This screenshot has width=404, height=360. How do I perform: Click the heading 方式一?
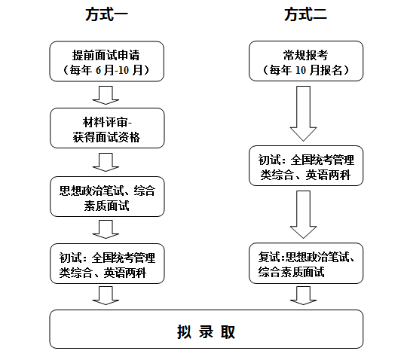pos(106,14)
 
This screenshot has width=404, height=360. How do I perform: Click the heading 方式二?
pos(305,14)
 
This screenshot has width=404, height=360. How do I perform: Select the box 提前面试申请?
pos(107,62)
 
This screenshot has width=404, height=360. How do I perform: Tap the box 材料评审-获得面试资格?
pos(107,128)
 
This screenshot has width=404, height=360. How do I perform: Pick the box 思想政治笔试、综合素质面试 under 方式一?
pos(107,197)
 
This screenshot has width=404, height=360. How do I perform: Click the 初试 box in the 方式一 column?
pos(107,264)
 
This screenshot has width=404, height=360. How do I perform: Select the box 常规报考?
pos(306,61)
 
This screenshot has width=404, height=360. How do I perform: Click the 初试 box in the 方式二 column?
pos(306,166)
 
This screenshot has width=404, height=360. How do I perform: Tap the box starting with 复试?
pos(306,263)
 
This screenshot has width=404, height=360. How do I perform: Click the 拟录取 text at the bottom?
pos(206,331)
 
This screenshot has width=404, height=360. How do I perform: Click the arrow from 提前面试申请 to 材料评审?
pos(106,96)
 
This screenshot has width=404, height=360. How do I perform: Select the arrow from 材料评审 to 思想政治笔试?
pos(106,162)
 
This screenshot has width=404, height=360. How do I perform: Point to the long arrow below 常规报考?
pos(303,114)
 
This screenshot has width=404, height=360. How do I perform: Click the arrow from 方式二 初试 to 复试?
pos(303,215)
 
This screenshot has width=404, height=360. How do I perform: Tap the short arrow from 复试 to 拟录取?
pos(303,296)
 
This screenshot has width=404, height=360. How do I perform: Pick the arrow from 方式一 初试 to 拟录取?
pos(106,296)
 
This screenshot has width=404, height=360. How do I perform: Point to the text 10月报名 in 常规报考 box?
pos(319,70)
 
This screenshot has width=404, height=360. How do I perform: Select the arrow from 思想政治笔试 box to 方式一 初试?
pos(106,229)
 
